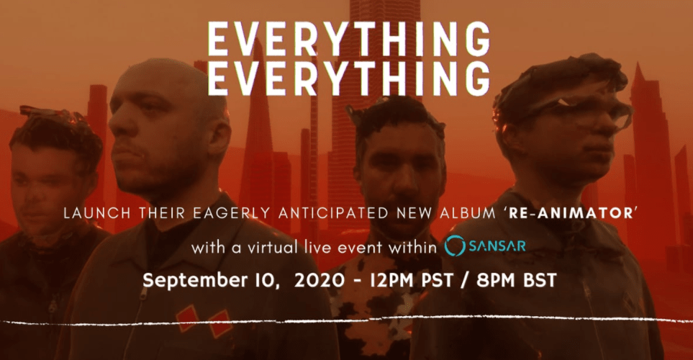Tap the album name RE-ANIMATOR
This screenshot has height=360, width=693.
(571, 213)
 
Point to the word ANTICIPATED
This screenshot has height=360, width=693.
(333, 213)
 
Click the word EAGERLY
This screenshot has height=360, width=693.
(232, 213)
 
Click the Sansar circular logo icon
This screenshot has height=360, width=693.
(455, 246)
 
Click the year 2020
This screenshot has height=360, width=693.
(319, 280)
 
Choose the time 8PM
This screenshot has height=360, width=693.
(495, 280)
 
